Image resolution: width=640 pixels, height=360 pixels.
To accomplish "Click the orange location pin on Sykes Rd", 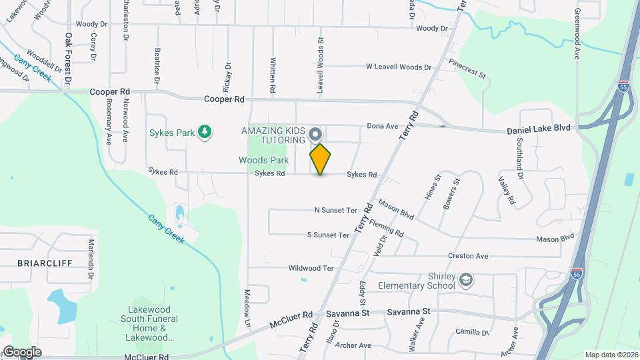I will click(320, 159).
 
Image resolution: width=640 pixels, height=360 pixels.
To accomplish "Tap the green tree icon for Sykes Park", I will click(205, 132).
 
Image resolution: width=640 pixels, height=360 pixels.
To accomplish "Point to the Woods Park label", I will click(263, 160).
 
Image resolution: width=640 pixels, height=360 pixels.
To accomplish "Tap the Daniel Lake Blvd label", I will click(539, 128).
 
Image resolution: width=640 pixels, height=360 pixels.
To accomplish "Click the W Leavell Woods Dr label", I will click(399, 67).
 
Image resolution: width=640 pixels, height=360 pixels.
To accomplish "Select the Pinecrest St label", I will click(467, 67).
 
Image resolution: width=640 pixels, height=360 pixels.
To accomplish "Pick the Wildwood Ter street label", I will click(310, 268).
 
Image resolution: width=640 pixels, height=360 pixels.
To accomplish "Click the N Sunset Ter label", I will click(336, 210).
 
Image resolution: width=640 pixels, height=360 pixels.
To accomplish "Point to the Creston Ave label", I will click(468, 256).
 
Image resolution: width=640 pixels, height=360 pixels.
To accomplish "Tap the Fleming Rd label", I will click(387, 229).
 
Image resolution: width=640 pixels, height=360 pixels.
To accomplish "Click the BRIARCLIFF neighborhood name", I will click(45, 263).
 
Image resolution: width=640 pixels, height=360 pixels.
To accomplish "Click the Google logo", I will click(22, 352).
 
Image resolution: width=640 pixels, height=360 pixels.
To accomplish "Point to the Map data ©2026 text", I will click(611, 355).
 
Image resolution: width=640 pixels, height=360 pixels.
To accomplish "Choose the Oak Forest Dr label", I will click(68, 60).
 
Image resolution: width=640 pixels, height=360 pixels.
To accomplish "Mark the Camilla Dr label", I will click(472, 332).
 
